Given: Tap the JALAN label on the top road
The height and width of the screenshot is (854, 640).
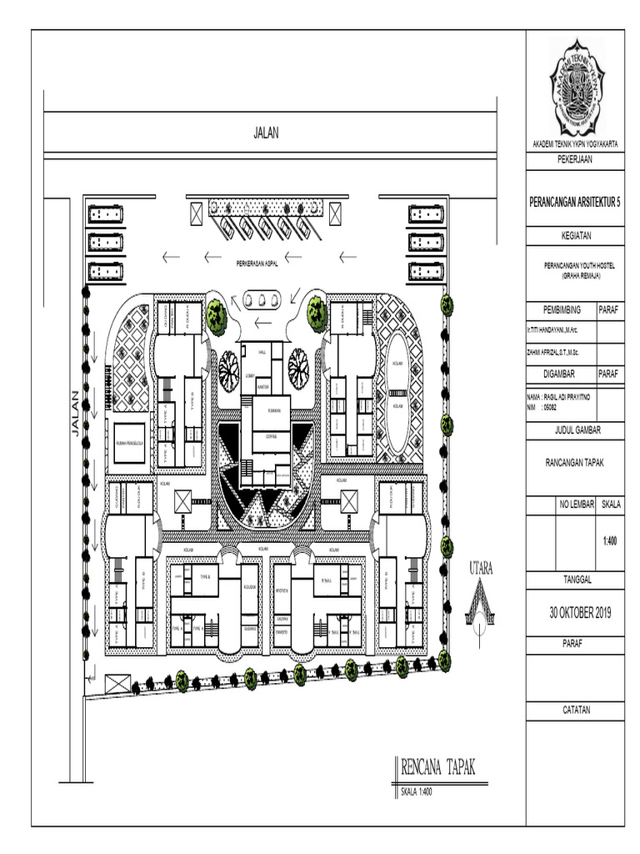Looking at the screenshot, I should pyautogui.click(x=266, y=132).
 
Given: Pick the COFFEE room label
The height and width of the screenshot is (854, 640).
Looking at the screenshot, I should pyautogui.click(x=271, y=436).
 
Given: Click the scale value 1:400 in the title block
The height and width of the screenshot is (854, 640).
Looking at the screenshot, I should pyautogui.click(x=610, y=540).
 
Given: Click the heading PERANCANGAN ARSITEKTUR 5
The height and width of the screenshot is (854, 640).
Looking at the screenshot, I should pyautogui.click(x=575, y=203).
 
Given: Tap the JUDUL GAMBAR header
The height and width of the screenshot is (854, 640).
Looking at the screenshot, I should pyautogui.click(x=574, y=430).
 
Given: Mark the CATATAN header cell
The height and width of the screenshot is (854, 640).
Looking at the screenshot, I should pyautogui.click(x=574, y=710).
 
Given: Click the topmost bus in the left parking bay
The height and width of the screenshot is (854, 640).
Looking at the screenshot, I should pyautogui.click(x=104, y=214).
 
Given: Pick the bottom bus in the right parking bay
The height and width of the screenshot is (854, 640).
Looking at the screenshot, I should pyautogui.click(x=427, y=271).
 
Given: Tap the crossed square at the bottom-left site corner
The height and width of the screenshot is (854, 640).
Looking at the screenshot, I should pyautogui.click(x=118, y=685).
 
